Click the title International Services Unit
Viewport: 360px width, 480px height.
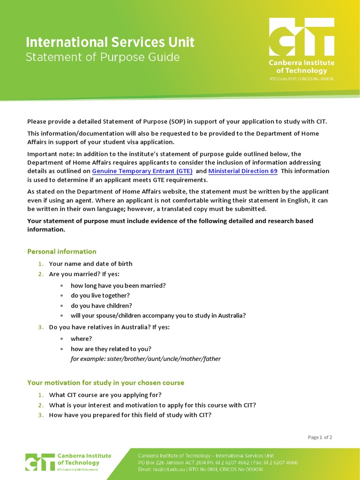tap(110, 43)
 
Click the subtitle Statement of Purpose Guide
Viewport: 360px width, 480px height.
tap(103, 58)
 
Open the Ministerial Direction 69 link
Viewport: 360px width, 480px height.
tap(243, 171)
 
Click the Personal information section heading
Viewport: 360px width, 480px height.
tap(61, 252)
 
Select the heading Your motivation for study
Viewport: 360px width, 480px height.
tap(105, 383)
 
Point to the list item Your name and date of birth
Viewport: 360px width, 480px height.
tap(90, 264)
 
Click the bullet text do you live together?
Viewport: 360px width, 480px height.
tap(100, 295)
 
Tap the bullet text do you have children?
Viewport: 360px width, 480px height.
tap(101, 306)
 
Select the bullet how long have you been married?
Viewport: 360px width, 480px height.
tap(118, 285)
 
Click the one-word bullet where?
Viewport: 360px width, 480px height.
tap(81, 338)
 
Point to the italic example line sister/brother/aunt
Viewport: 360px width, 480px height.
tap(145, 359)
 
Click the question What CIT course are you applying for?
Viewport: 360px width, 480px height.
tap(105, 395)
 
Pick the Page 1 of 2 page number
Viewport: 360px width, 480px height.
tap(320, 437)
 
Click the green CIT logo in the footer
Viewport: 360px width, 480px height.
tap(39, 461)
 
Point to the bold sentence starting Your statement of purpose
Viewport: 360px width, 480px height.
tap(170, 225)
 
